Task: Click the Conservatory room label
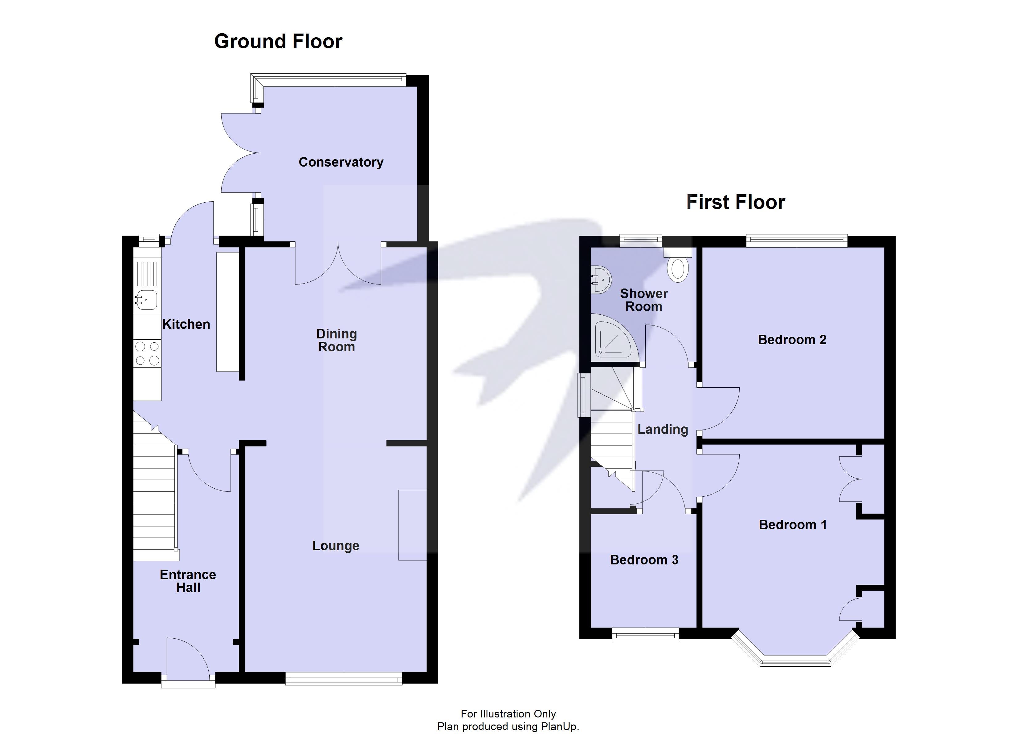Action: click(341, 162)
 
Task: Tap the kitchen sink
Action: click(147, 300)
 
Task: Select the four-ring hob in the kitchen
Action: click(147, 353)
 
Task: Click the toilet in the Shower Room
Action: click(678, 268)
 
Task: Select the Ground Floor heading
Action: click(278, 41)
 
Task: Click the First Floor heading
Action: click(735, 202)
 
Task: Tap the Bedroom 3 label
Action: click(644, 560)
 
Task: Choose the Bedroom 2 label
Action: click(792, 340)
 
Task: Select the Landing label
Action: click(662, 429)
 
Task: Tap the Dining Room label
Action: click(336, 340)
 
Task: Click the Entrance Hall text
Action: click(188, 581)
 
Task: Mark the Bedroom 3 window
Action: click(645, 635)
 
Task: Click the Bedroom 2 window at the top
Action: click(796, 241)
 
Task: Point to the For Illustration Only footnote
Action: click(508, 714)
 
